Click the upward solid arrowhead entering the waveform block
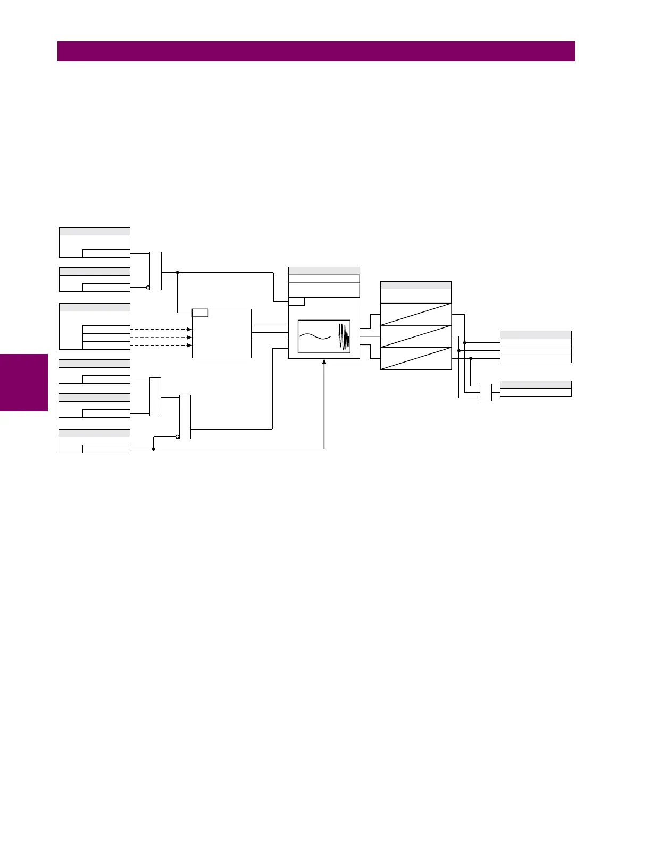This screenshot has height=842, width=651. click(x=324, y=363)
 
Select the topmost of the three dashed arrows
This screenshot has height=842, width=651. click(x=161, y=330)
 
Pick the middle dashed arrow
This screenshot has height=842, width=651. click(x=161, y=338)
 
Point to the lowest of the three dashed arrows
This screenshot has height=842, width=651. click(x=161, y=346)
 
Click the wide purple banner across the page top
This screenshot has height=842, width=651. click(x=316, y=52)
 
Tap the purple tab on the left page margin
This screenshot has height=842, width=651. click(x=24, y=383)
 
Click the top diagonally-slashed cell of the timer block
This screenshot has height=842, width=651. click(x=416, y=314)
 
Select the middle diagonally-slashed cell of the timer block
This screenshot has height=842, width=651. click(x=416, y=336)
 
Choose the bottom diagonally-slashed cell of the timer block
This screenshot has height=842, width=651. click(x=416, y=358)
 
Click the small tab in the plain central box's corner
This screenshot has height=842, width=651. click(x=200, y=313)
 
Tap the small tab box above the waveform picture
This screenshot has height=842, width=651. click(x=296, y=302)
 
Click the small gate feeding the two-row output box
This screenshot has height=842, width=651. click(x=486, y=392)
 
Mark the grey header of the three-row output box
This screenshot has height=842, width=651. click(x=536, y=335)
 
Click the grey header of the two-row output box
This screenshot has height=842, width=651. click(x=536, y=384)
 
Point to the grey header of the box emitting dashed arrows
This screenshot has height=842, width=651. click(x=94, y=307)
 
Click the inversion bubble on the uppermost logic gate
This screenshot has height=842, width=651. click(x=148, y=287)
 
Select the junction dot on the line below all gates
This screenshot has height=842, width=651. click(x=154, y=449)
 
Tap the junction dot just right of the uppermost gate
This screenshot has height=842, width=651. click(x=177, y=272)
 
